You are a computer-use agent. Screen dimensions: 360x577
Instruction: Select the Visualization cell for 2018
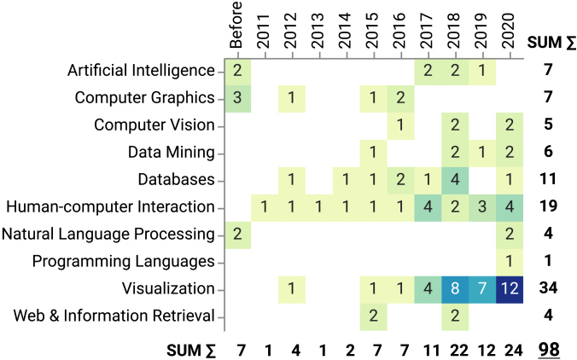458,288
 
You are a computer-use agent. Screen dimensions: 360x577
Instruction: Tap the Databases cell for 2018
458,179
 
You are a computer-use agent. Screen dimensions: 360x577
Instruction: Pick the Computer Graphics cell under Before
238,97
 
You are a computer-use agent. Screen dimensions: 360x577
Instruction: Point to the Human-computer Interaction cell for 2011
265,206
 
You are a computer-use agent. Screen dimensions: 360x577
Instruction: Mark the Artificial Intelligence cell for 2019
485,70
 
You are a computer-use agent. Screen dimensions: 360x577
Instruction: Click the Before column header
238,21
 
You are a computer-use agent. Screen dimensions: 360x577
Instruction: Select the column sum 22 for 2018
458,350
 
